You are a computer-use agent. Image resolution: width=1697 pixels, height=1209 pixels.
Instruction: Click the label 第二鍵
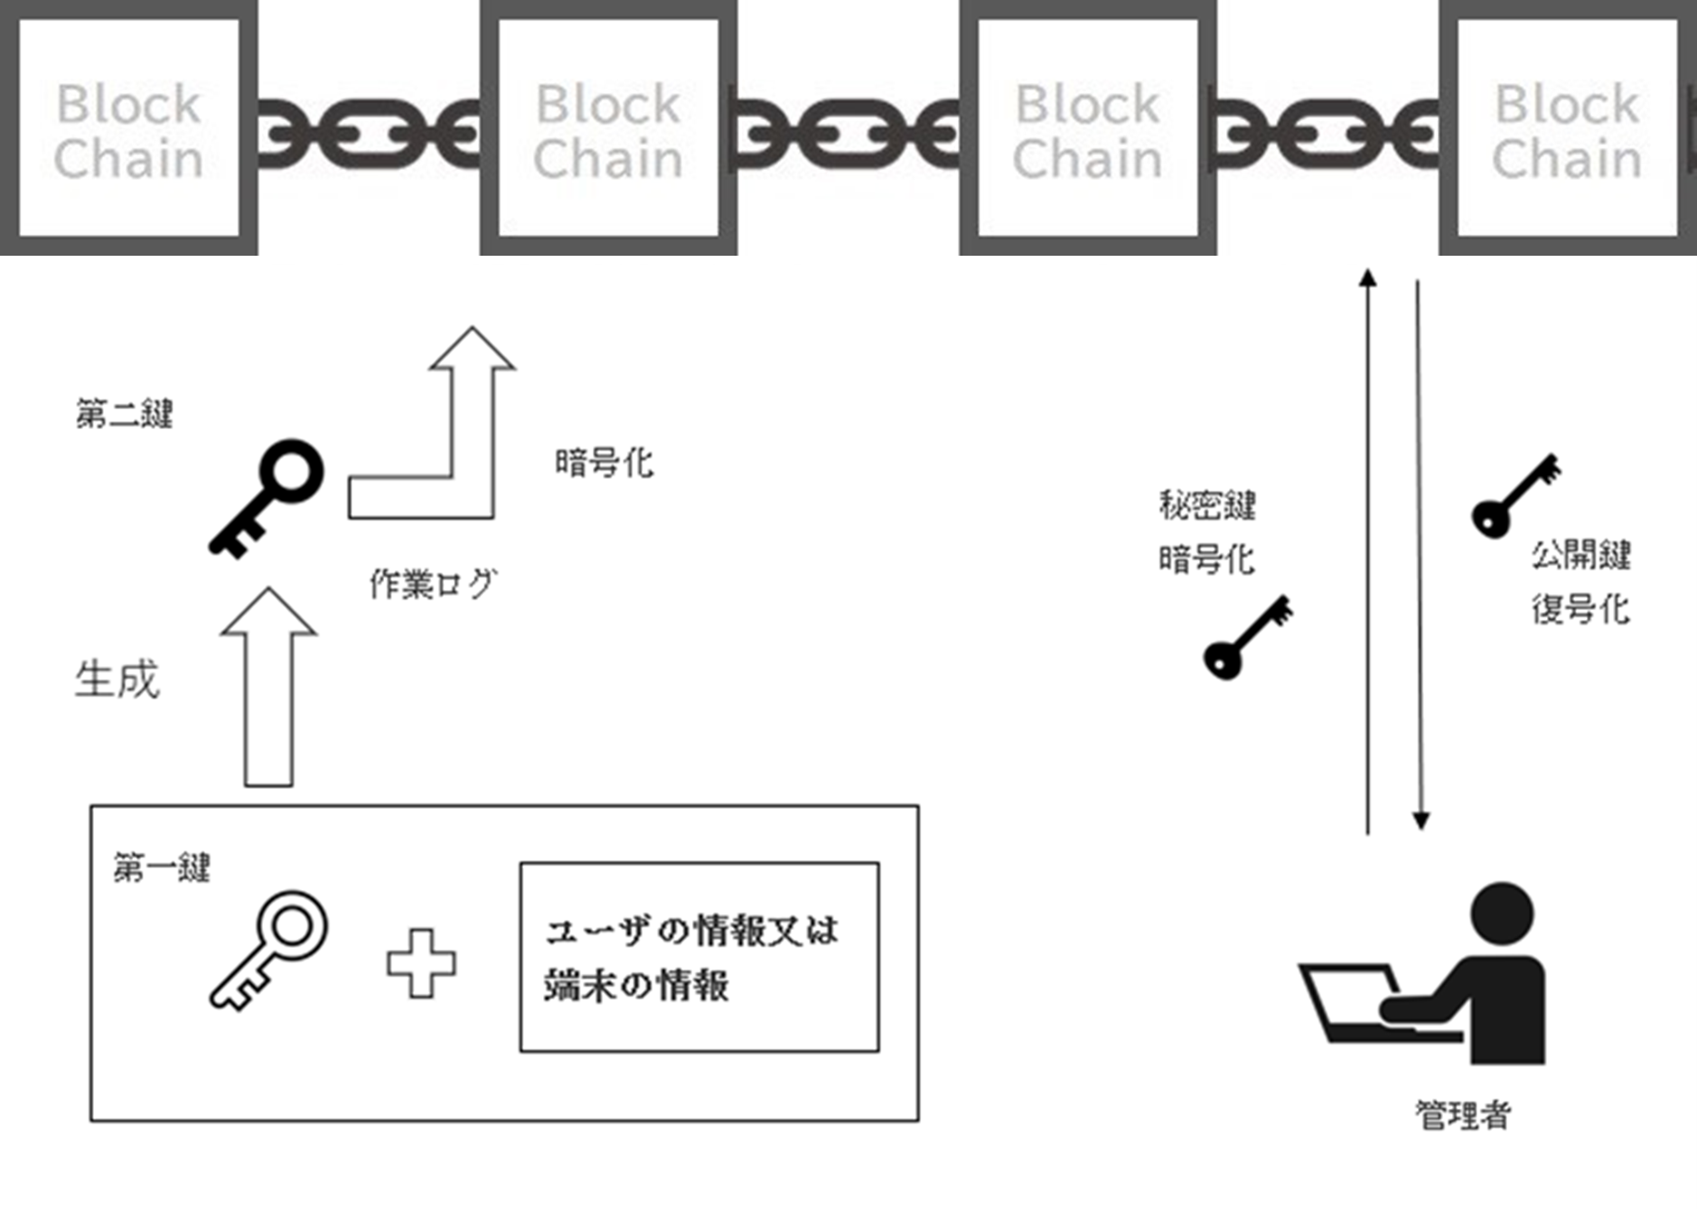[124, 415]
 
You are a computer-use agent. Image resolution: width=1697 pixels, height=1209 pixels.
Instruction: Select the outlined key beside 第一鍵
[269, 949]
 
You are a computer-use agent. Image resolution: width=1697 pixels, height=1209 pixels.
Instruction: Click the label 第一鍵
[162, 868]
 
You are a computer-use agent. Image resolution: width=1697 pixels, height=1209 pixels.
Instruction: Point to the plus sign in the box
[421, 963]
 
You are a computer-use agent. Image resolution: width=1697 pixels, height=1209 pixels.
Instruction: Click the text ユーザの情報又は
[691, 931]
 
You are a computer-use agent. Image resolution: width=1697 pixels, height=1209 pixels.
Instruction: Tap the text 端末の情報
[636, 985]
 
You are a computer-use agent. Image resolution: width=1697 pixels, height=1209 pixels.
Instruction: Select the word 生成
[117, 679]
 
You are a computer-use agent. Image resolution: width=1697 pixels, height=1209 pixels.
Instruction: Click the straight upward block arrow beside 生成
[268, 687]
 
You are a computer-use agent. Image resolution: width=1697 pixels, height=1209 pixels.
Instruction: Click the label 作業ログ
[433, 585]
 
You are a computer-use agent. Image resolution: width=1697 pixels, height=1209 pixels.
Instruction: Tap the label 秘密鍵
[1207, 506]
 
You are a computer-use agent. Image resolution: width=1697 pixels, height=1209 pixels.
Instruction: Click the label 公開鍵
[1580, 555]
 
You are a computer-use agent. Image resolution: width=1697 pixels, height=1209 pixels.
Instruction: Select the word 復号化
[1580, 610]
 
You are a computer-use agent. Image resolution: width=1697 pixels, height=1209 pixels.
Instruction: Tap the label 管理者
[1463, 1115]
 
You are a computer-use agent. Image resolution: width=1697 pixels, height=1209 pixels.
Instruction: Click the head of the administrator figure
[1502, 914]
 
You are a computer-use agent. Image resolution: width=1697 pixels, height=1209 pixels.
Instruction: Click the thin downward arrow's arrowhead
[1420, 820]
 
